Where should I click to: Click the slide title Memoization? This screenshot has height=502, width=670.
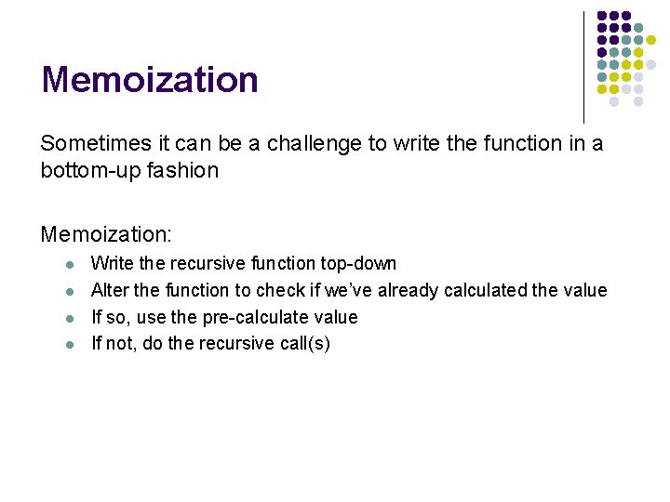click(x=149, y=80)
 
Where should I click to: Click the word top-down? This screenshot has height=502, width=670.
click(x=359, y=264)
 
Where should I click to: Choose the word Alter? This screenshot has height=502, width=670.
click(x=110, y=291)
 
